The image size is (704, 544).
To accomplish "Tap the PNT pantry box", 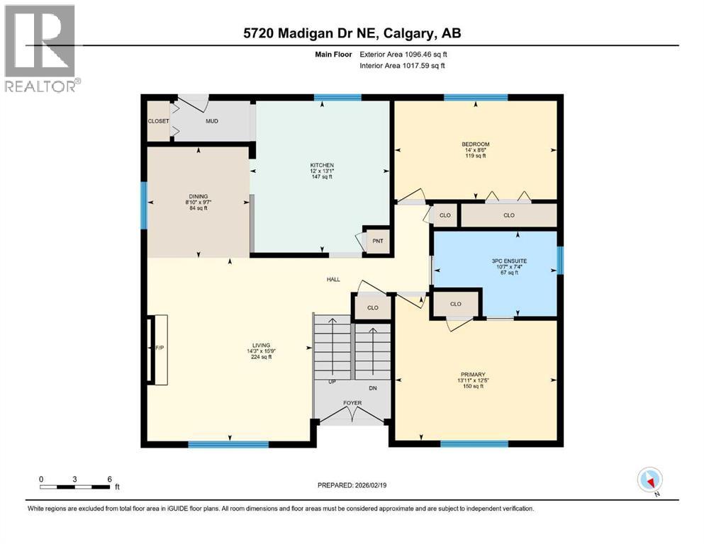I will coord(378,241).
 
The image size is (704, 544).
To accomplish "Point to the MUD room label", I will coord(211,121).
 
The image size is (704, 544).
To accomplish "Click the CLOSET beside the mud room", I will coord(158,121).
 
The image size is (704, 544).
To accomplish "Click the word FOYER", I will coord(352,403).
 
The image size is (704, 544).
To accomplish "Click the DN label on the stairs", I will coord(373,388).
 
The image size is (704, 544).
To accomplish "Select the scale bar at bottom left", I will coord(75,487).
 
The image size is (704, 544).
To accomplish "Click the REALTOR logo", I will coord(40,49).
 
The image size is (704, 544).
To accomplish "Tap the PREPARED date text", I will coord(352,485).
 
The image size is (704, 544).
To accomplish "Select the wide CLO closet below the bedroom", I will coord(508,215).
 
